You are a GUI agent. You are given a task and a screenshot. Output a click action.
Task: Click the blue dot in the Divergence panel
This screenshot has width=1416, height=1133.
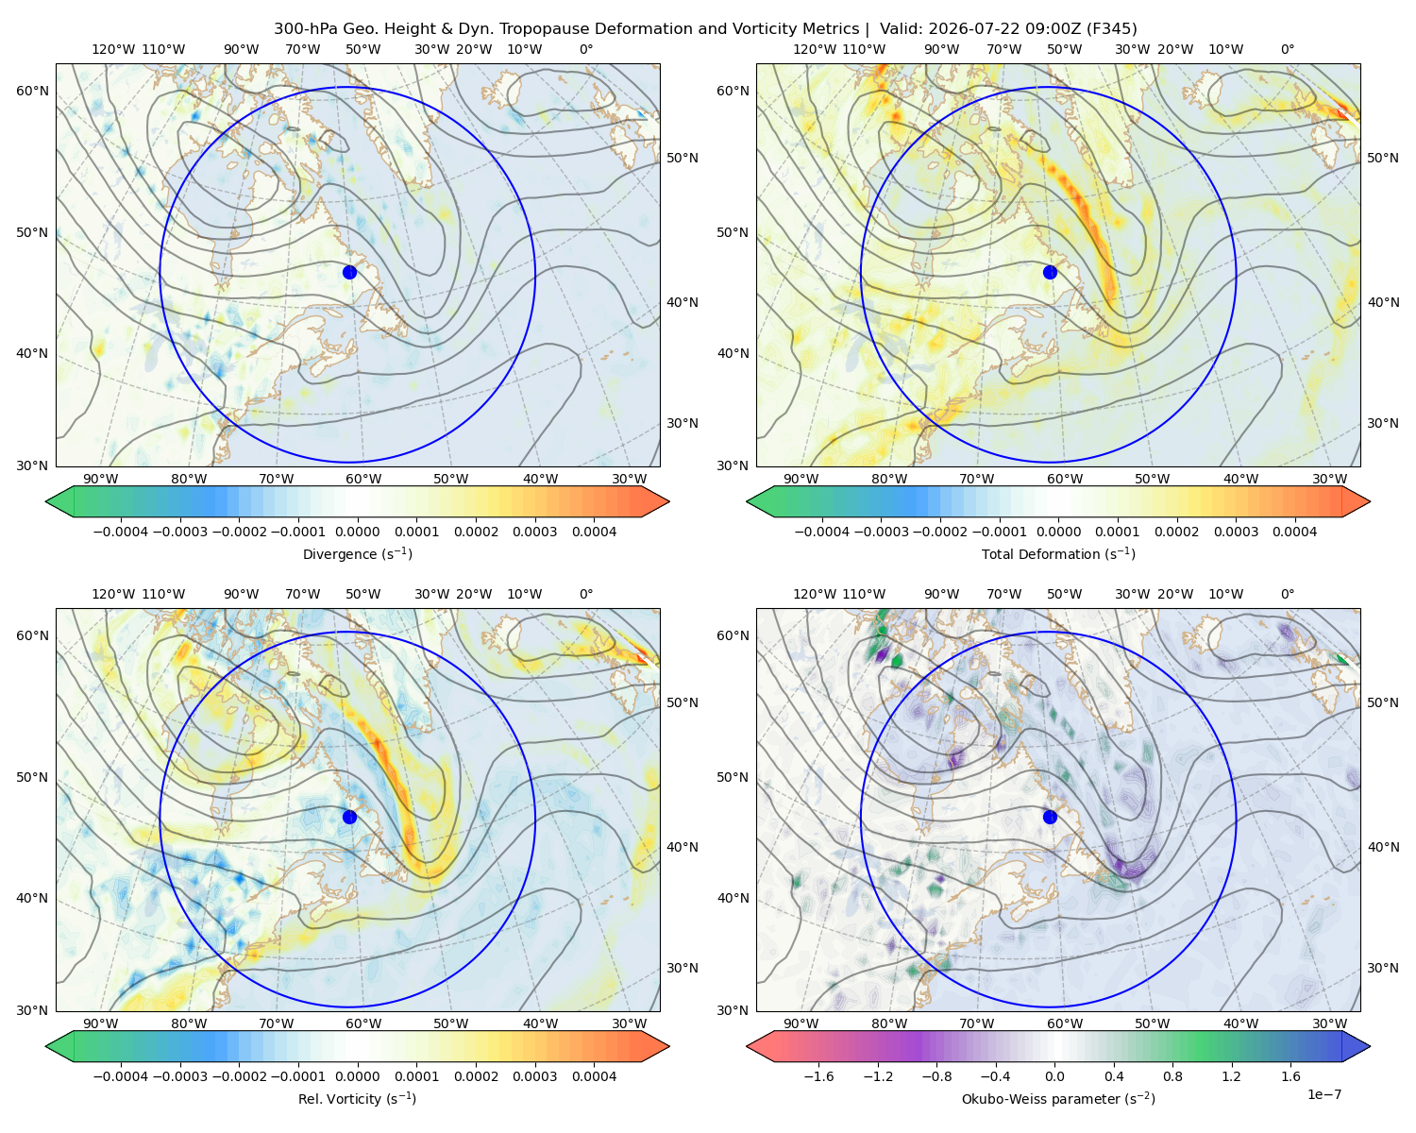[349, 272]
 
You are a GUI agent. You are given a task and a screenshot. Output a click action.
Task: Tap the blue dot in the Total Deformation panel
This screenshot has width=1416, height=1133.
[1050, 272]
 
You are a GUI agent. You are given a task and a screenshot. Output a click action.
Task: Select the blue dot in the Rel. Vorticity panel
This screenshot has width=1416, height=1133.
[349, 817]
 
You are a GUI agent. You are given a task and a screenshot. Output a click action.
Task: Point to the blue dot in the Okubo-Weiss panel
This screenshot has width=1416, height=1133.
[1050, 817]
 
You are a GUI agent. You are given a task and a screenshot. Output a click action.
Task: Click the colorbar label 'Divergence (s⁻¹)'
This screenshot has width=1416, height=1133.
[357, 553]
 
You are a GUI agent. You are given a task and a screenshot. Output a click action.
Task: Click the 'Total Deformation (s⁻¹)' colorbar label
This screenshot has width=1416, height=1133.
[1058, 553]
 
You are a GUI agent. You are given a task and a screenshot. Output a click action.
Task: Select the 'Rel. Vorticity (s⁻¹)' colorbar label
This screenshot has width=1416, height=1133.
[357, 1099]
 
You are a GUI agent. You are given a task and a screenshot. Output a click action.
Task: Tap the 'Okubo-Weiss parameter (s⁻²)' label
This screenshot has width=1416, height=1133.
[1058, 1099]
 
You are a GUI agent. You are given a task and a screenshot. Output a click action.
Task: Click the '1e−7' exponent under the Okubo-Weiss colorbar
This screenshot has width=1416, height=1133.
[1323, 1094]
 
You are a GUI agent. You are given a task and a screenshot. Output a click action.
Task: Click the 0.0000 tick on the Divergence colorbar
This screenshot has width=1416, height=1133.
[357, 532]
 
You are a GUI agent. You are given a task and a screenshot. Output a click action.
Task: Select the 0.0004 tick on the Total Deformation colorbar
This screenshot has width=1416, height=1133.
[1294, 532]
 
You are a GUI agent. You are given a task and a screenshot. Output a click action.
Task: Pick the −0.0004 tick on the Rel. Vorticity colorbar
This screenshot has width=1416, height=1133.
[121, 1076]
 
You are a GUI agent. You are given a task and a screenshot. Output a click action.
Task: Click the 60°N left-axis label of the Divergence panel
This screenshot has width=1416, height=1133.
[32, 91]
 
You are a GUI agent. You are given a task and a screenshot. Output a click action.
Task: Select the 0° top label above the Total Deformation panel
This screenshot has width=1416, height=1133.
[1287, 49]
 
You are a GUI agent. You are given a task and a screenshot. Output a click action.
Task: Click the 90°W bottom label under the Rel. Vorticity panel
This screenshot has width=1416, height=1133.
[101, 1023]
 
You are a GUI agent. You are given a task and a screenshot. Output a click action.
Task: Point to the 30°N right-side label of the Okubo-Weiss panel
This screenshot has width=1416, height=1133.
[1382, 968]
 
